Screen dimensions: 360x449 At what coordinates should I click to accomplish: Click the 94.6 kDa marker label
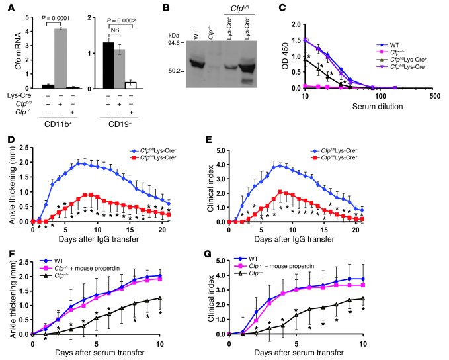click(x=173, y=42)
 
